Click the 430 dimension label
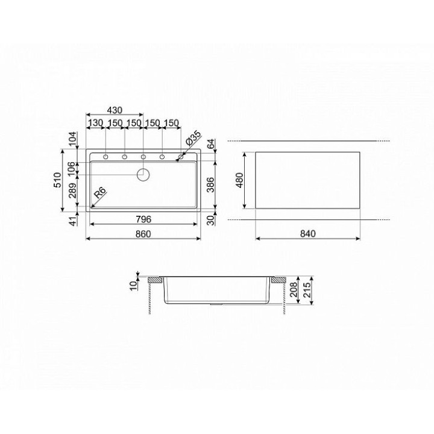(115, 110)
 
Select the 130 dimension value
(95, 122)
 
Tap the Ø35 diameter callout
(193, 139)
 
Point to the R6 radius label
(100, 192)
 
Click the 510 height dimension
(57, 180)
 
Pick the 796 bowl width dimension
(143, 219)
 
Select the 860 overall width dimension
(143, 234)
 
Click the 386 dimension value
(211, 184)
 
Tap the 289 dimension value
(72, 190)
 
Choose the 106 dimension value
(71, 169)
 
